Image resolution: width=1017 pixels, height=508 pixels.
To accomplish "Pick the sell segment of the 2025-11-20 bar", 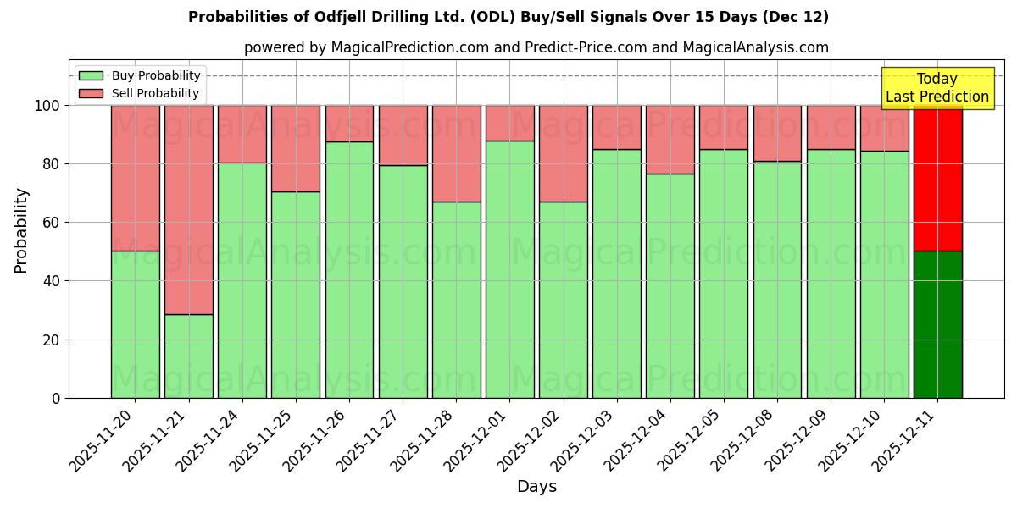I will point(135,178).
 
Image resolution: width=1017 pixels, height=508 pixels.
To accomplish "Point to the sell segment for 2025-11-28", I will point(456,153).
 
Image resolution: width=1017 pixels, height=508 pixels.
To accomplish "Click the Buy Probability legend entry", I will point(140,75).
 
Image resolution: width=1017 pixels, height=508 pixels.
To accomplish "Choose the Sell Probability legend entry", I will point(140,93).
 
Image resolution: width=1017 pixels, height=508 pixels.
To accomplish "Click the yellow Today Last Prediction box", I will point(937,88).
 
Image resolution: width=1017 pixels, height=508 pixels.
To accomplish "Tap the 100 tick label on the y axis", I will point(48,106).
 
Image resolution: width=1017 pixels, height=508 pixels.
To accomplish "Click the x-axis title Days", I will point(536,487).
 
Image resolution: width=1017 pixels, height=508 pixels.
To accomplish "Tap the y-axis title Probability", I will point(21,230).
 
